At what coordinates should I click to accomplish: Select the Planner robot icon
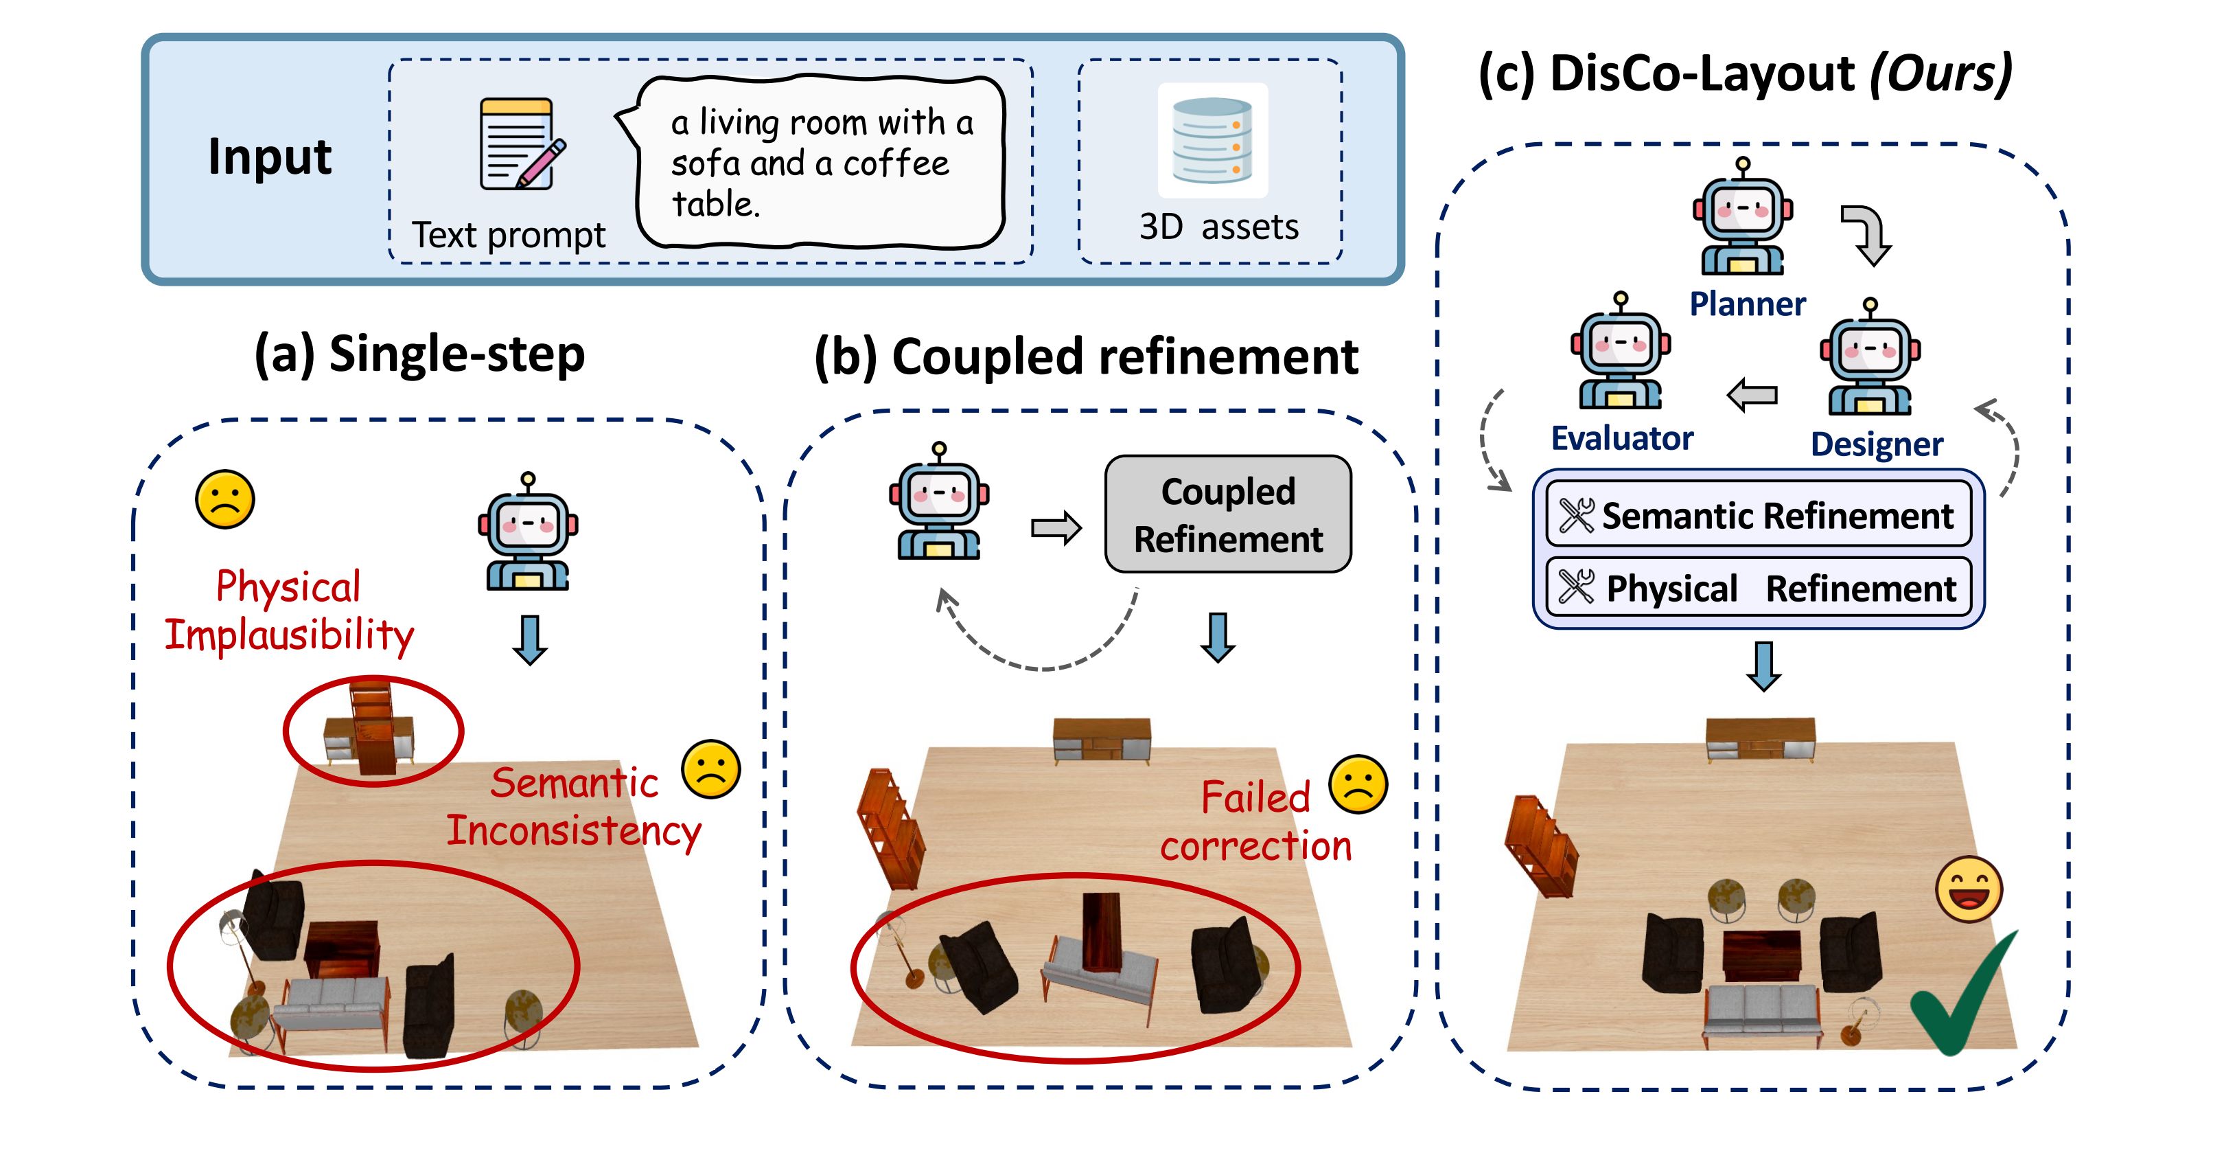tap(1742, 219)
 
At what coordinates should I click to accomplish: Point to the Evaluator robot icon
tap(1620, 354)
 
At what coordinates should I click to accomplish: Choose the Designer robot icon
tap(1869, 361)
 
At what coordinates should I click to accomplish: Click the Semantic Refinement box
tap(1758, 516)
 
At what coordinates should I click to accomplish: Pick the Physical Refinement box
tap(1758, 588)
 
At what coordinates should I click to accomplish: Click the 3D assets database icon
tap(1212, 140)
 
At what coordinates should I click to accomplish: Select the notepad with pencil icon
tap(518, 144)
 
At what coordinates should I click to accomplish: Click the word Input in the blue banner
tap(270, 157)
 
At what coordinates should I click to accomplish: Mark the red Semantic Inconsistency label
tap(574, 807)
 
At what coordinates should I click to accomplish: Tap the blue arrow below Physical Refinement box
tap(1763, 666)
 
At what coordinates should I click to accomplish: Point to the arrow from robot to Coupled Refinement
tap(1056, 527)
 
